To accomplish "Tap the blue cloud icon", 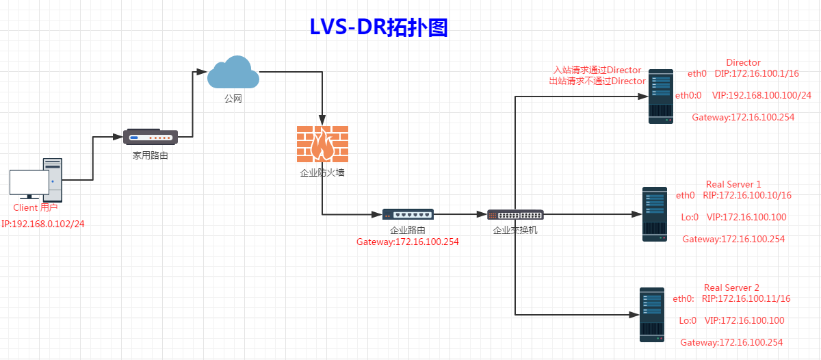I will click(x=233, y=73).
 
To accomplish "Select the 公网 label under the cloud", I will click(x=233, y=99).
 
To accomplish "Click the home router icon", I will click(x=151, y=136).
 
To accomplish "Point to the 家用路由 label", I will click(x=151, y=156).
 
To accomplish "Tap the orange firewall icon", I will click(x=322, y=144).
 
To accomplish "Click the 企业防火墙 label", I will click(x=322, y=172).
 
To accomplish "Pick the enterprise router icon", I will click(x=408, y=215).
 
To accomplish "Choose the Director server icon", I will click(x=660, y=95).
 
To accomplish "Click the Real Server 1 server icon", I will click(x=654, y=214).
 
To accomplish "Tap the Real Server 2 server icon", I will click(x=651, y=314).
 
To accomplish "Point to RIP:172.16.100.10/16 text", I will click(x=747, y=195).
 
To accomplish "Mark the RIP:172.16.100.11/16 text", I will click(x=746, y=298).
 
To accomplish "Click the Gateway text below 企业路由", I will click(x=408, y=242).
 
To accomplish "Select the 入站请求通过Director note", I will click(x=597, y=70).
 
